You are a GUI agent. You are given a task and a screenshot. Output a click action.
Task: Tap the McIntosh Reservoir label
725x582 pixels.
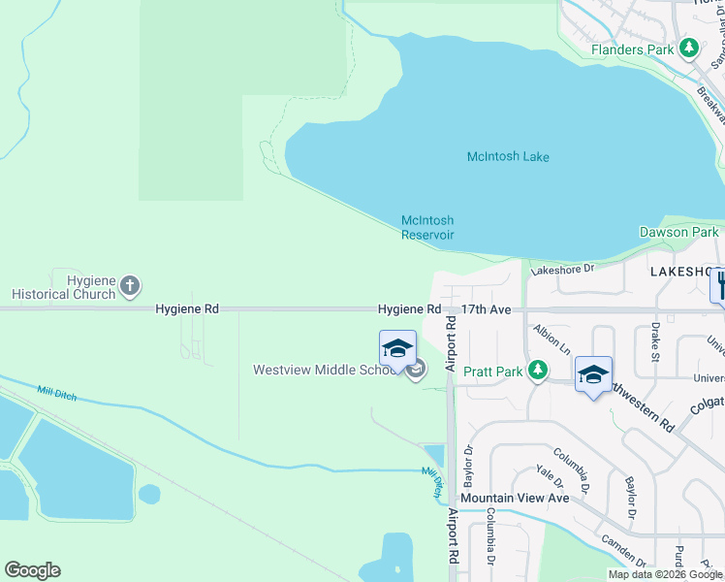coord(427,228)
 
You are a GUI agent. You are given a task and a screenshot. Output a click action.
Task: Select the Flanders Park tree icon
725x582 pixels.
coord(689,48)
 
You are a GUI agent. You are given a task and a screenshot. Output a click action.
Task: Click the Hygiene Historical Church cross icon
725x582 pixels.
coord(131,287)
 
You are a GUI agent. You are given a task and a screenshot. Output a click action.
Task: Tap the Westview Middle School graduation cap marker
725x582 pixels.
coord(397,348)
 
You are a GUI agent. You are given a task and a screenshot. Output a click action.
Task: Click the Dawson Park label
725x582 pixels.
coord(678,232)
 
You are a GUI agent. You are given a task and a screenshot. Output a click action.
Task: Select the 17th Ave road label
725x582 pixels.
coord(486,309)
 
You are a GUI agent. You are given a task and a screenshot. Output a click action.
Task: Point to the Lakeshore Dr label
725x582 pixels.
coord(562,270)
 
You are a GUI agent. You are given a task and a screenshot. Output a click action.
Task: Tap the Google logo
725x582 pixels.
coord(32,570)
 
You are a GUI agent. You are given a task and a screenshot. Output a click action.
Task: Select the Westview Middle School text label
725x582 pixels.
coord(325,370)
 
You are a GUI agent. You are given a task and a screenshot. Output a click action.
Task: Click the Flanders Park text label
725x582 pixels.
coord(634,48)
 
